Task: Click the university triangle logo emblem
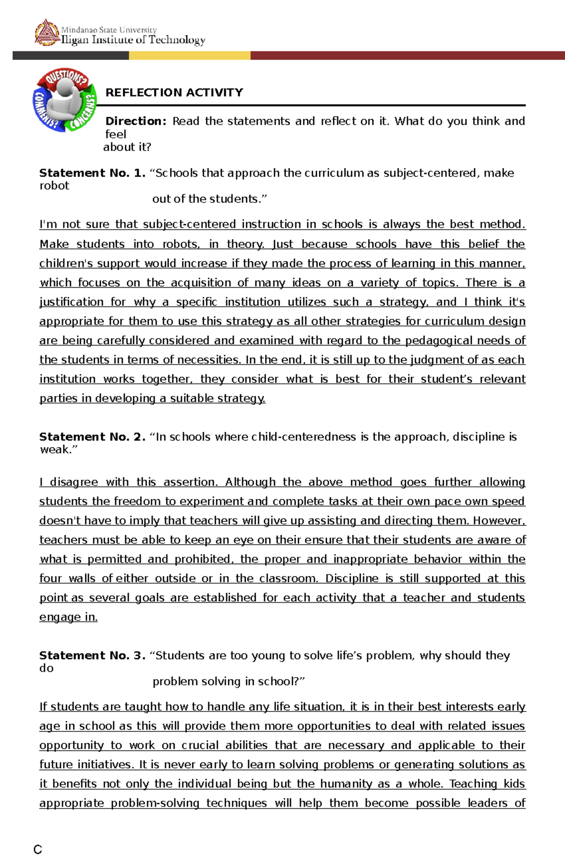click(47, 32)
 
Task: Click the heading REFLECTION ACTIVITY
click(174, 92)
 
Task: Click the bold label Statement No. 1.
click(92, 173)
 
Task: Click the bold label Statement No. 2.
click(92, 436)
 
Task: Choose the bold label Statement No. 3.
click(92, 655)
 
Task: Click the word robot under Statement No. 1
click(54, 186)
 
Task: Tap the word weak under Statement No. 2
click(56, 449)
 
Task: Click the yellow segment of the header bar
click(189, 56)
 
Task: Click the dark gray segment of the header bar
click(71, 56)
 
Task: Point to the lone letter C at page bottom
click(38, 849)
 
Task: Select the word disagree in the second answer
click(74, 482)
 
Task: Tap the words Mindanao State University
click(109, 30)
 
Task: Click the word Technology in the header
click(177, 40)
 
